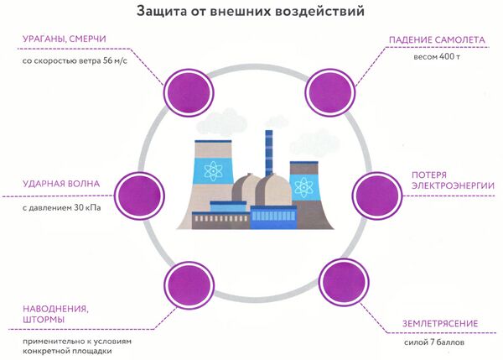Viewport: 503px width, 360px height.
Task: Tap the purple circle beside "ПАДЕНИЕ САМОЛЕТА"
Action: (329, 87)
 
